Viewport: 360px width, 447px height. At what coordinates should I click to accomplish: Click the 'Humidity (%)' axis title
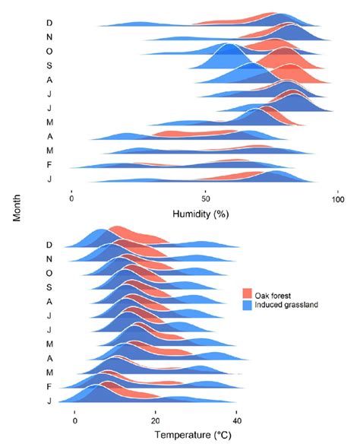pos(201,214)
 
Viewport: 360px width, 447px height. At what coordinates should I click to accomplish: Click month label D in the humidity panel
pos(49,23)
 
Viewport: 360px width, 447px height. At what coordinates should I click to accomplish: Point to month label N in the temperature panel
pos(49,260)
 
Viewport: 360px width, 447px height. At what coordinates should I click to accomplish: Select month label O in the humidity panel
pos(49,51)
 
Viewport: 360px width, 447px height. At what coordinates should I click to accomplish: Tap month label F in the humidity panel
pos(49,164)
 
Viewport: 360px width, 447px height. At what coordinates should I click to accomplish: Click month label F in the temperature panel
pos(49,387)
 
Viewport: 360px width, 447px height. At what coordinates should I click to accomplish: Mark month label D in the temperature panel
pos(49,246)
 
